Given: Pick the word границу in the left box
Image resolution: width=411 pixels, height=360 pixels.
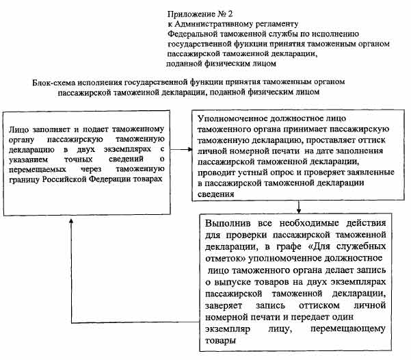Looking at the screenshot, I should click(x=27, y=179).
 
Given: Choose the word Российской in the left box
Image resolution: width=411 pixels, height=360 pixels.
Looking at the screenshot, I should click(x=70, y=179).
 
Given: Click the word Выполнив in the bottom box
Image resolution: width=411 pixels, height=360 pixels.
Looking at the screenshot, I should click(x=228, y=224).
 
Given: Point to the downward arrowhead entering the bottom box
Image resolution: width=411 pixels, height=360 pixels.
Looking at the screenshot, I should click(x=300, y=211).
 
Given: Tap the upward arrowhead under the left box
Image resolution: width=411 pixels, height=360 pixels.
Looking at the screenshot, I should click(x=68, y=228).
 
